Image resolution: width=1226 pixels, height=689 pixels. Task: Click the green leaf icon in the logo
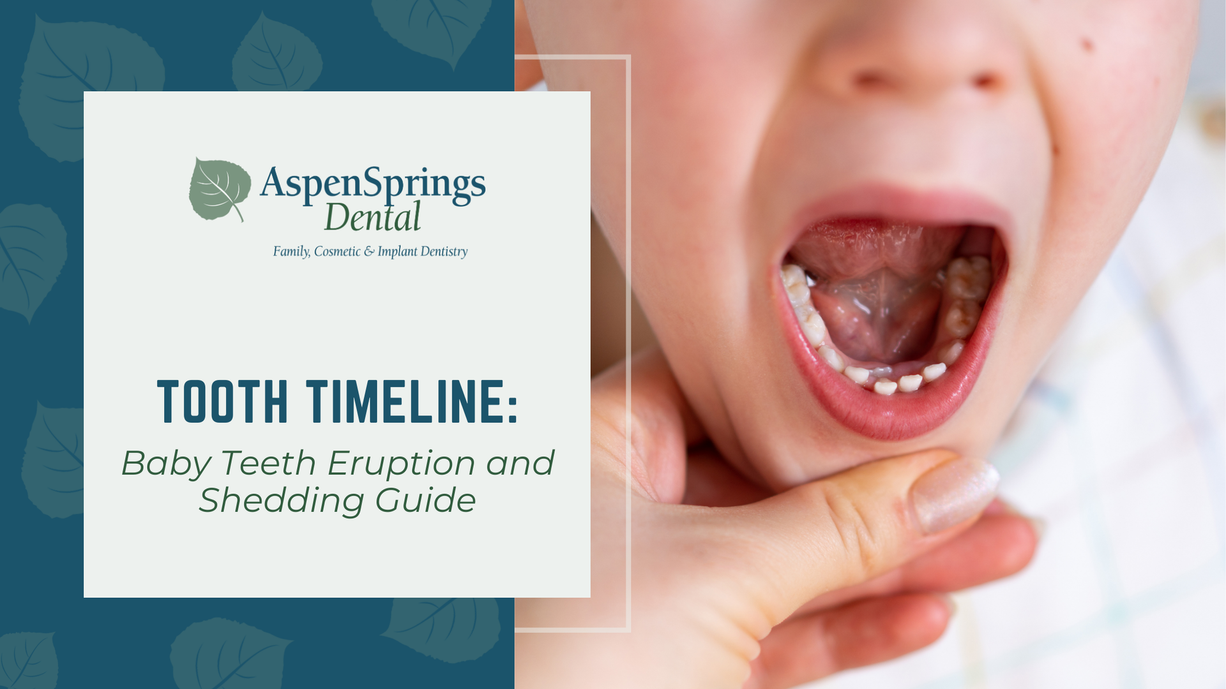[219, 189]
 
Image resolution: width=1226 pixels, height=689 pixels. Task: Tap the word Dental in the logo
[372, 217]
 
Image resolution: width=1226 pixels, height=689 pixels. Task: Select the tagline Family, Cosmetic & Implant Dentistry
[370, 251]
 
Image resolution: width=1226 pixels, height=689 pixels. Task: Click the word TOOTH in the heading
[223, 402]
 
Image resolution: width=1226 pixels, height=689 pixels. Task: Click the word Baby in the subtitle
[165, 463]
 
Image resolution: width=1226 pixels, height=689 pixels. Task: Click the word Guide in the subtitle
[425, 500]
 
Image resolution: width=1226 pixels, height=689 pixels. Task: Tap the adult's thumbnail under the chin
[954, 494]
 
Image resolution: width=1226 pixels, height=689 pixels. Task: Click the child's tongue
[878, 300]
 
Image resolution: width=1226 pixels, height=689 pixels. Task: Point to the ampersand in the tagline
[370, 251]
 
